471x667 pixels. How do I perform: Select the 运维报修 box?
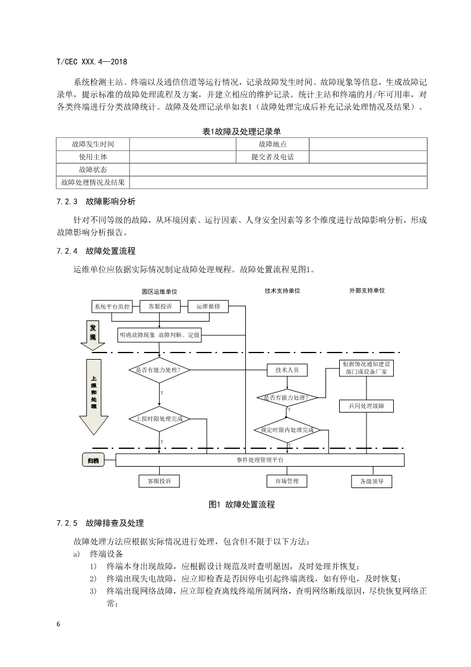208,307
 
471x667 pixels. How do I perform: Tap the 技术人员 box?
287,370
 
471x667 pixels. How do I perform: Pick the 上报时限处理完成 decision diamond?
159,419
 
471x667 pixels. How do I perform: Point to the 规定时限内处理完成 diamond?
287,430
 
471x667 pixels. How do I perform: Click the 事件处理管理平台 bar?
260,460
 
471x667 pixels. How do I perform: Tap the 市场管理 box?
287,481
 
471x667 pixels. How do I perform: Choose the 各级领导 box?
372,482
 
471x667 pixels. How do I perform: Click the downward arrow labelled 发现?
93,333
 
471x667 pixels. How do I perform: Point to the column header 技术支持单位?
283,291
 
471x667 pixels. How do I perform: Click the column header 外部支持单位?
367,291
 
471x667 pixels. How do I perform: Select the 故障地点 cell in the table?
273,144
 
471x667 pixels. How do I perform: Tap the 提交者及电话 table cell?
273,157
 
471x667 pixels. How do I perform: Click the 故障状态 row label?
93,170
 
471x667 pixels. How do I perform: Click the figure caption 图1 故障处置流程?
242,505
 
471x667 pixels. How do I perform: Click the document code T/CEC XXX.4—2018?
91,61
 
